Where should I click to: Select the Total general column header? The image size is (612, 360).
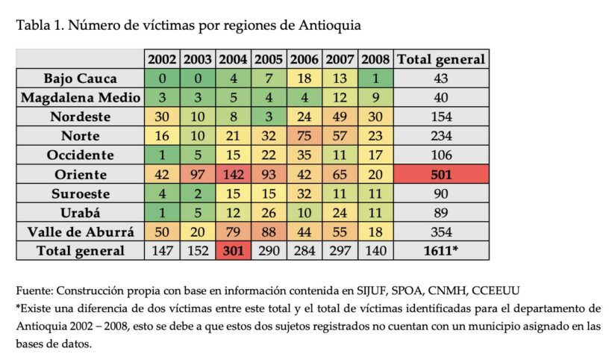point(442,59)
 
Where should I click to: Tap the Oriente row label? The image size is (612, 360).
point(80,174)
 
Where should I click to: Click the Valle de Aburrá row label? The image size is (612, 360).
point(80,232)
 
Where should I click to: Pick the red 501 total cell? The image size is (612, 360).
point(442,174)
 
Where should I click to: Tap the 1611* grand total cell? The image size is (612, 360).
point(442,251)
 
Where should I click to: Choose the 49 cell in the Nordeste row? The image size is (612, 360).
point(340,117)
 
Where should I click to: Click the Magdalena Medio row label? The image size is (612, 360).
point(80,98)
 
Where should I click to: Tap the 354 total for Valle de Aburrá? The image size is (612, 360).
point(442,232)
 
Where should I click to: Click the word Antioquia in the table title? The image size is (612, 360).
point(330,25)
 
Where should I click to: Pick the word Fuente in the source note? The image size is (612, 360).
point(34,289)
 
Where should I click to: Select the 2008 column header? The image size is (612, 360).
point(375,59)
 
